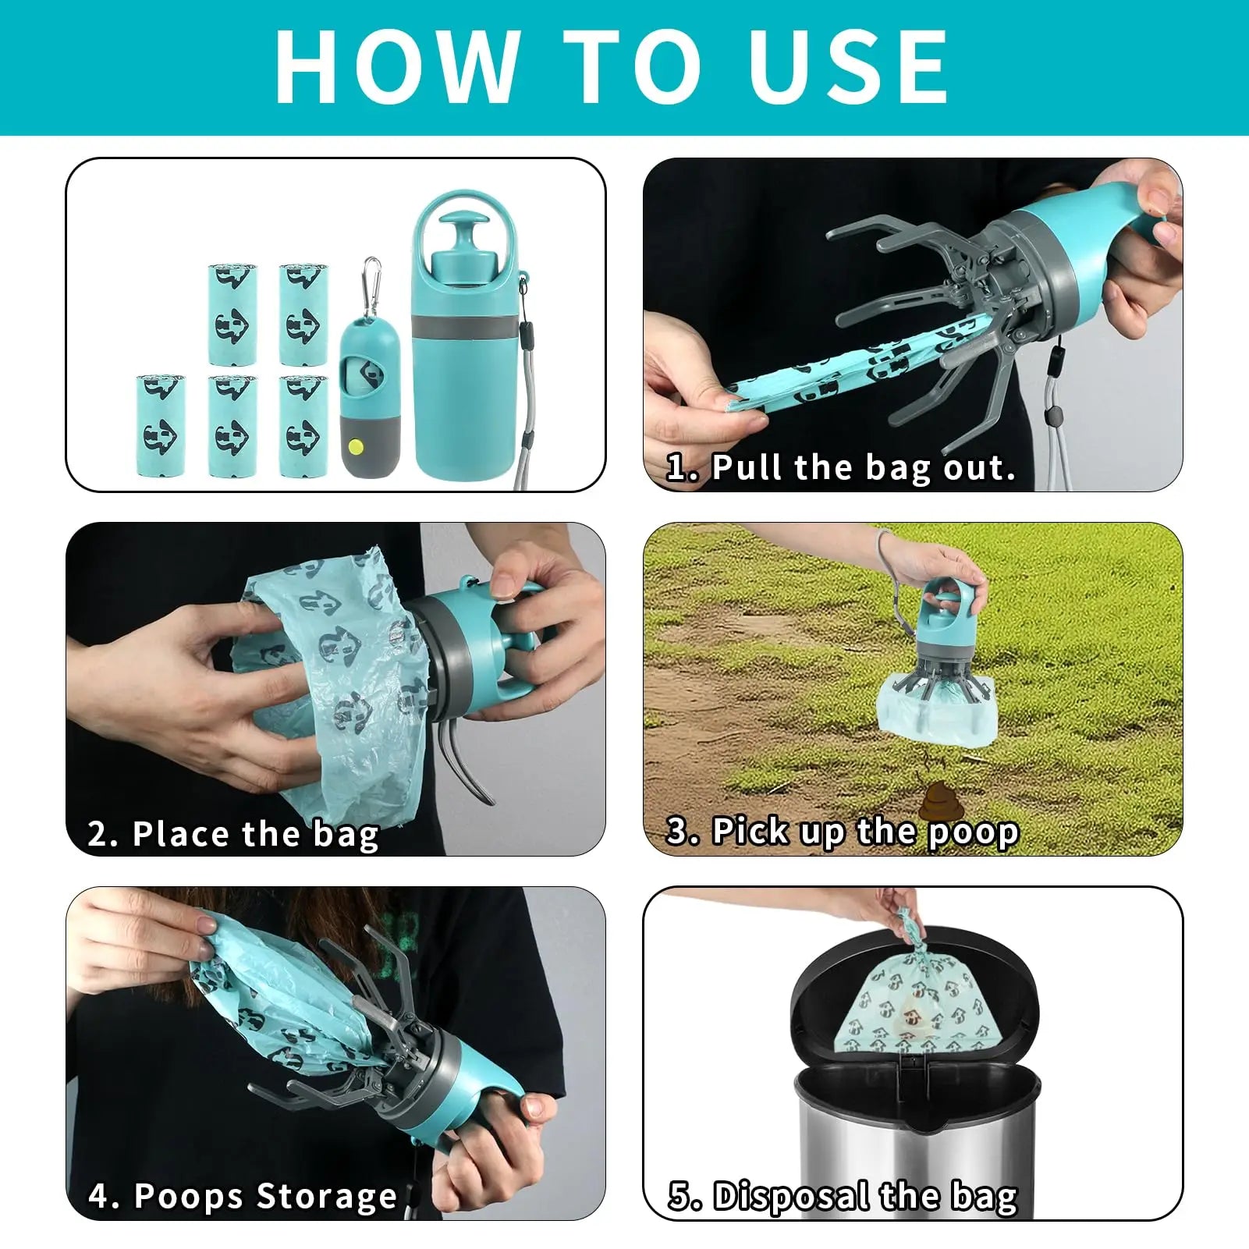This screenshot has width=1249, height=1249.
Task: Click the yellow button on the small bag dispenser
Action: [357, 448]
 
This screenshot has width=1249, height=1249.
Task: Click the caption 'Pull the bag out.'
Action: [863, 468]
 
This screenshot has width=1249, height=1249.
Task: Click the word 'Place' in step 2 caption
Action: [183, 834]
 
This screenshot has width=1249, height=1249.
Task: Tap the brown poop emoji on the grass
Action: [936, 801]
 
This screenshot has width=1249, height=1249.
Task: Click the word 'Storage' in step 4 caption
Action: [327, 1196]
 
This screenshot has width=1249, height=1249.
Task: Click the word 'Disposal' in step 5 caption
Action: [790, 1196]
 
